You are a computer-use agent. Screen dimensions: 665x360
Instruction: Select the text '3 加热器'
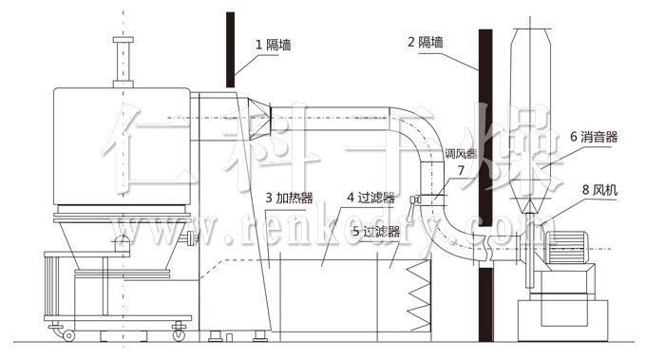pos(290,199)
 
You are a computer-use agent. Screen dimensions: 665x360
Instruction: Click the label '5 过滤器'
pos(375,230)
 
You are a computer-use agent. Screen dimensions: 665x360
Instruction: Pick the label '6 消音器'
pos(594,137)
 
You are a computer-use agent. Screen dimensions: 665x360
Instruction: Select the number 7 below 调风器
pos(461,170)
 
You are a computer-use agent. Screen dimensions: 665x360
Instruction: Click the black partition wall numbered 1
pos(231,47)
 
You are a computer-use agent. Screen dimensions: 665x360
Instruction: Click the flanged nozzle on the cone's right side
pos(196,238)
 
